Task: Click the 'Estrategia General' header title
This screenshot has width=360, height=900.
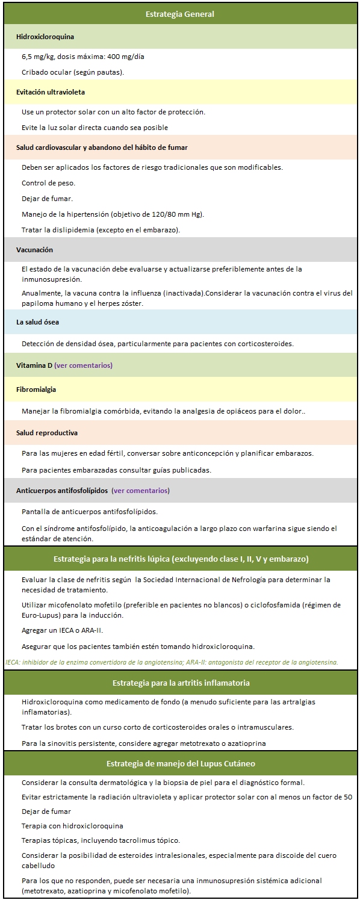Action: click(179, 14)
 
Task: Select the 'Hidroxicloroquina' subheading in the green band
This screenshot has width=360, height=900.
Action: click(45, 37)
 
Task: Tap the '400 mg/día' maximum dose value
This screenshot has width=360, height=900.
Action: click(125, 57)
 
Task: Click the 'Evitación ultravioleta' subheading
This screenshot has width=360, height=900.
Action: click(51, 92)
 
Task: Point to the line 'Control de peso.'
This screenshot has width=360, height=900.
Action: click(48, 182)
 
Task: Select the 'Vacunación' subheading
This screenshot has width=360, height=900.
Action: click(35, 249)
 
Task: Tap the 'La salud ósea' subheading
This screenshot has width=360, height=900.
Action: click(37, 322)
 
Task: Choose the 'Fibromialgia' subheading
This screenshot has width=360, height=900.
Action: click(36, 389)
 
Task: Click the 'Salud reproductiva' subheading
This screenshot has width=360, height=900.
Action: click(46, 433)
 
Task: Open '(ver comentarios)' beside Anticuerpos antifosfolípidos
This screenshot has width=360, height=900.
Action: click(141, 491)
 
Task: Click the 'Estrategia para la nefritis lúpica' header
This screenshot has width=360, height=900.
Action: click(181, 559)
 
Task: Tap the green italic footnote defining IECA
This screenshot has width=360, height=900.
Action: click(172, 662)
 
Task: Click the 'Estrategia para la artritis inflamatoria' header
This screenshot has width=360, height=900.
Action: click(181, 683)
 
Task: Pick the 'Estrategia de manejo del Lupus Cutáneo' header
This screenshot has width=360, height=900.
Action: click(181, 763)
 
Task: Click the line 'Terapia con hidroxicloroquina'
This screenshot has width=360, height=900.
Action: click(72, 826)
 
